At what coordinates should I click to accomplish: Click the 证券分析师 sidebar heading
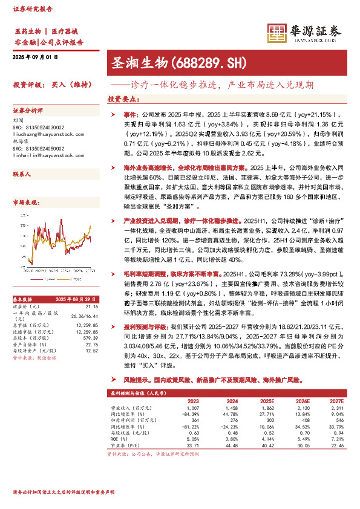coord(28,111)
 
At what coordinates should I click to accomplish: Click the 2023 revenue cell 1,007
coord(192,408)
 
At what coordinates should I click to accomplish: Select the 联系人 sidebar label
coord(22,173)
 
